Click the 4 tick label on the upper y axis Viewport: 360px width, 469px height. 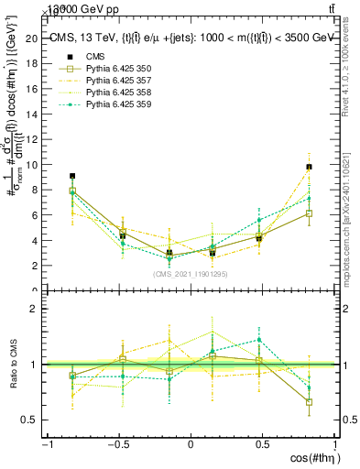[x=35, y=241]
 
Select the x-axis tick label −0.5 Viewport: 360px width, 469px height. [x=117, y=444]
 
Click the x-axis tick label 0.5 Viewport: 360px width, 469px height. [x=262, y=444]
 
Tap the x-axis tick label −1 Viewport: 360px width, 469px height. [x=46, y=444]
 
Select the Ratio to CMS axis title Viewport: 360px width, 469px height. [x=13, y=365]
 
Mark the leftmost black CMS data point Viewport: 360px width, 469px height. [x=72, y=176]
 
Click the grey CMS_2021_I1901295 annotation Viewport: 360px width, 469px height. [x=191, y=274]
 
